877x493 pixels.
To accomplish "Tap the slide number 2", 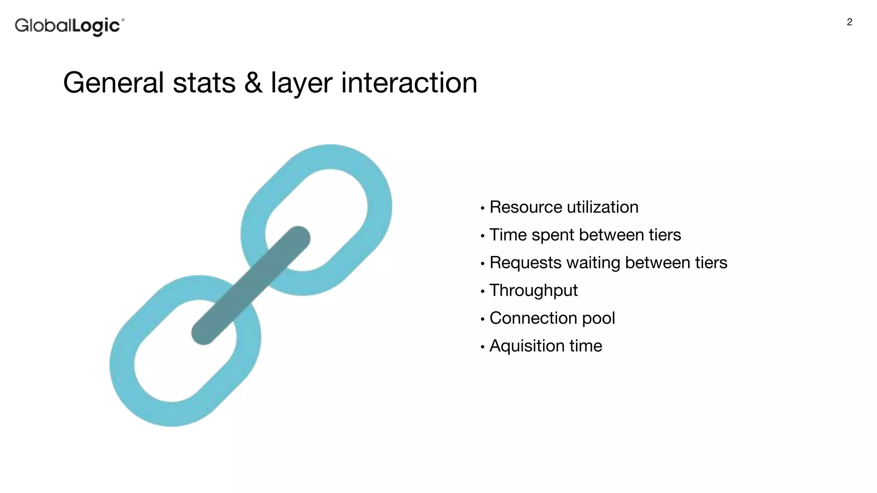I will pyautogui.click(x=849, y=22).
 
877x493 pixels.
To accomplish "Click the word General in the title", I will pyautogui.click(x=113, y=83).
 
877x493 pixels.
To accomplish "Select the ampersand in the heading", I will pyautogui.click(x=253, y=83).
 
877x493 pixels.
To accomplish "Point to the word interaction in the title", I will pyautogui.click(x=409, y=83).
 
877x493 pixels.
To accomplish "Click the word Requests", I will pyautogui.click(x=525, y=263).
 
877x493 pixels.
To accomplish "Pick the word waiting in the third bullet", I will pyautogui.click(x=593, y=263).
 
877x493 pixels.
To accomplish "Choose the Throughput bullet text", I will pyautogui.click(x=534, y=291).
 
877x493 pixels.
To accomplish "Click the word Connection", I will pyautogui.click(x=533, y=318).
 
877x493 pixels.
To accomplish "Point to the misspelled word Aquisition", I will pyautogui.click(x=526, y=346).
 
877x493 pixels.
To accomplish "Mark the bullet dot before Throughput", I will pyautogui.click(x=483, y=292).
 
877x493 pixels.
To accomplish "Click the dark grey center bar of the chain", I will pyautogui.click(x=251, y=285).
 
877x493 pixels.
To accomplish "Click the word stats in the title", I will pyautogui.click(x=204, y=83).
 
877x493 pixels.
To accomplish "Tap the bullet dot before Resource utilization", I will pyautogui.click(x=483, y=208).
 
